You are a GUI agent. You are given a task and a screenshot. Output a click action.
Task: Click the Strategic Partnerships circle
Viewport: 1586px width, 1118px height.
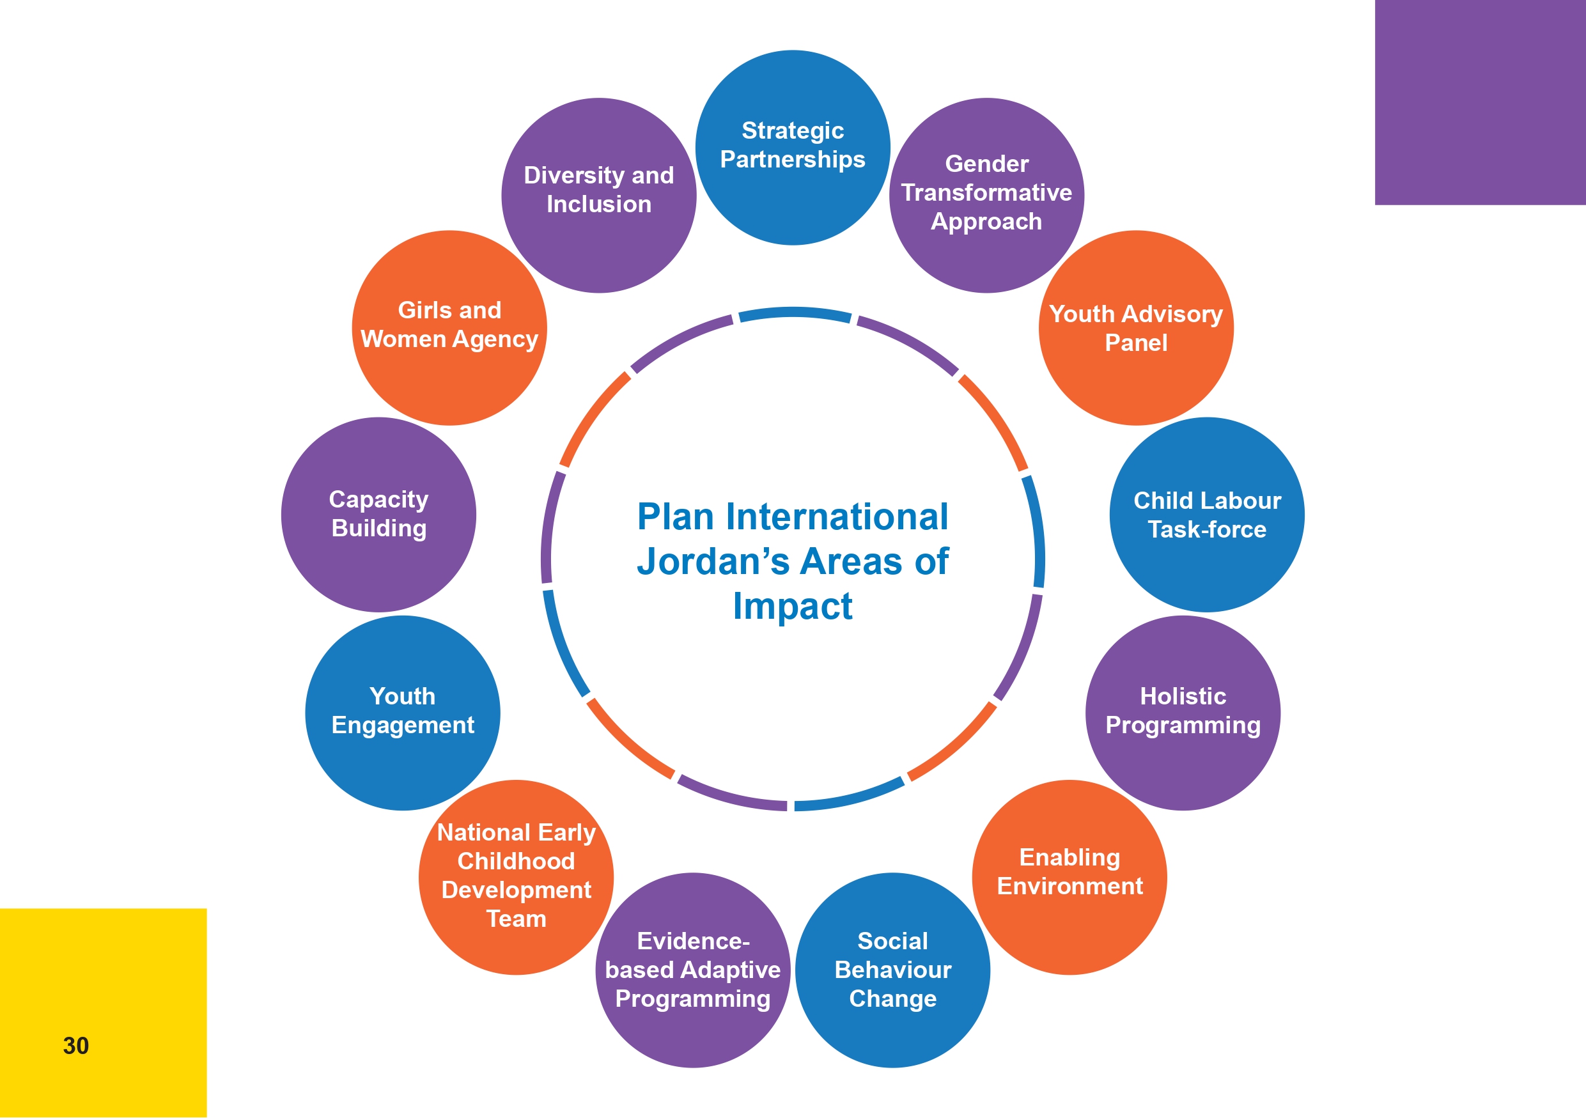point(792,147)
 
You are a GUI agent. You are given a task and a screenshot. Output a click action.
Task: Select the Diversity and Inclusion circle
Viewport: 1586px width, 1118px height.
point(598,196)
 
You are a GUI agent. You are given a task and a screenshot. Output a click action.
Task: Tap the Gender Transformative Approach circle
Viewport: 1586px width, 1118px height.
point(986,196)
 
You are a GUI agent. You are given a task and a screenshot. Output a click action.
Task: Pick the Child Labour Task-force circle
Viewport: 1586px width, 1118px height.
point(1207,515)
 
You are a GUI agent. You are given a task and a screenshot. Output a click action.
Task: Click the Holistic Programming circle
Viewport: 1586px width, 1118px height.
point(1183,713)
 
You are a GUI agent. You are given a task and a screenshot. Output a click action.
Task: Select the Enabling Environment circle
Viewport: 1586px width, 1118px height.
point(1069,877)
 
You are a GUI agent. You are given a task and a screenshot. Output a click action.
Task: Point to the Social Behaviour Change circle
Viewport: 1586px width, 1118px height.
point(892,970)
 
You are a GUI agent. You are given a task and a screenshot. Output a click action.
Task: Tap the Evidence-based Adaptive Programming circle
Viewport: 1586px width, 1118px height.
point(693,970)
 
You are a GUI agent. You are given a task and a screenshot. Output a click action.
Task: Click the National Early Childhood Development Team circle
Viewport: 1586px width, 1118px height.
point(516,877)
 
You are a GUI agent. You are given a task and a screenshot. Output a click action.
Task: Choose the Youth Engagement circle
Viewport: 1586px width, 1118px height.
point(403,713)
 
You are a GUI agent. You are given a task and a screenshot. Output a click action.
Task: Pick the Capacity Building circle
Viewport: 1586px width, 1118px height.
point(378,515)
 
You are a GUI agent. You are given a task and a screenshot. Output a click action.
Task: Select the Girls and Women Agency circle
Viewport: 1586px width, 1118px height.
point(449,328)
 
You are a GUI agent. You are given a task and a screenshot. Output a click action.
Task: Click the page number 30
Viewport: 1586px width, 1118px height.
point(76,1046)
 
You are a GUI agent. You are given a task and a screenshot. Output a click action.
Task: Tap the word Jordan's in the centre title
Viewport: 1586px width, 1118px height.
point(712,561)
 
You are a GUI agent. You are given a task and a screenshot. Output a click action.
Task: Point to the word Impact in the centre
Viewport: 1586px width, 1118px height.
point(792,607)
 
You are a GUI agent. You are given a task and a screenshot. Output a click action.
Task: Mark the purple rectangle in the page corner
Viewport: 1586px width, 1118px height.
point(1481,102)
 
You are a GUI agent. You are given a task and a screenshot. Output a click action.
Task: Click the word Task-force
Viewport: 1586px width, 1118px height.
point(1207,530)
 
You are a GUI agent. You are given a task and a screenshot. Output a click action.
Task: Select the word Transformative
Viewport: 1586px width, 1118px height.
point(986,192)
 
